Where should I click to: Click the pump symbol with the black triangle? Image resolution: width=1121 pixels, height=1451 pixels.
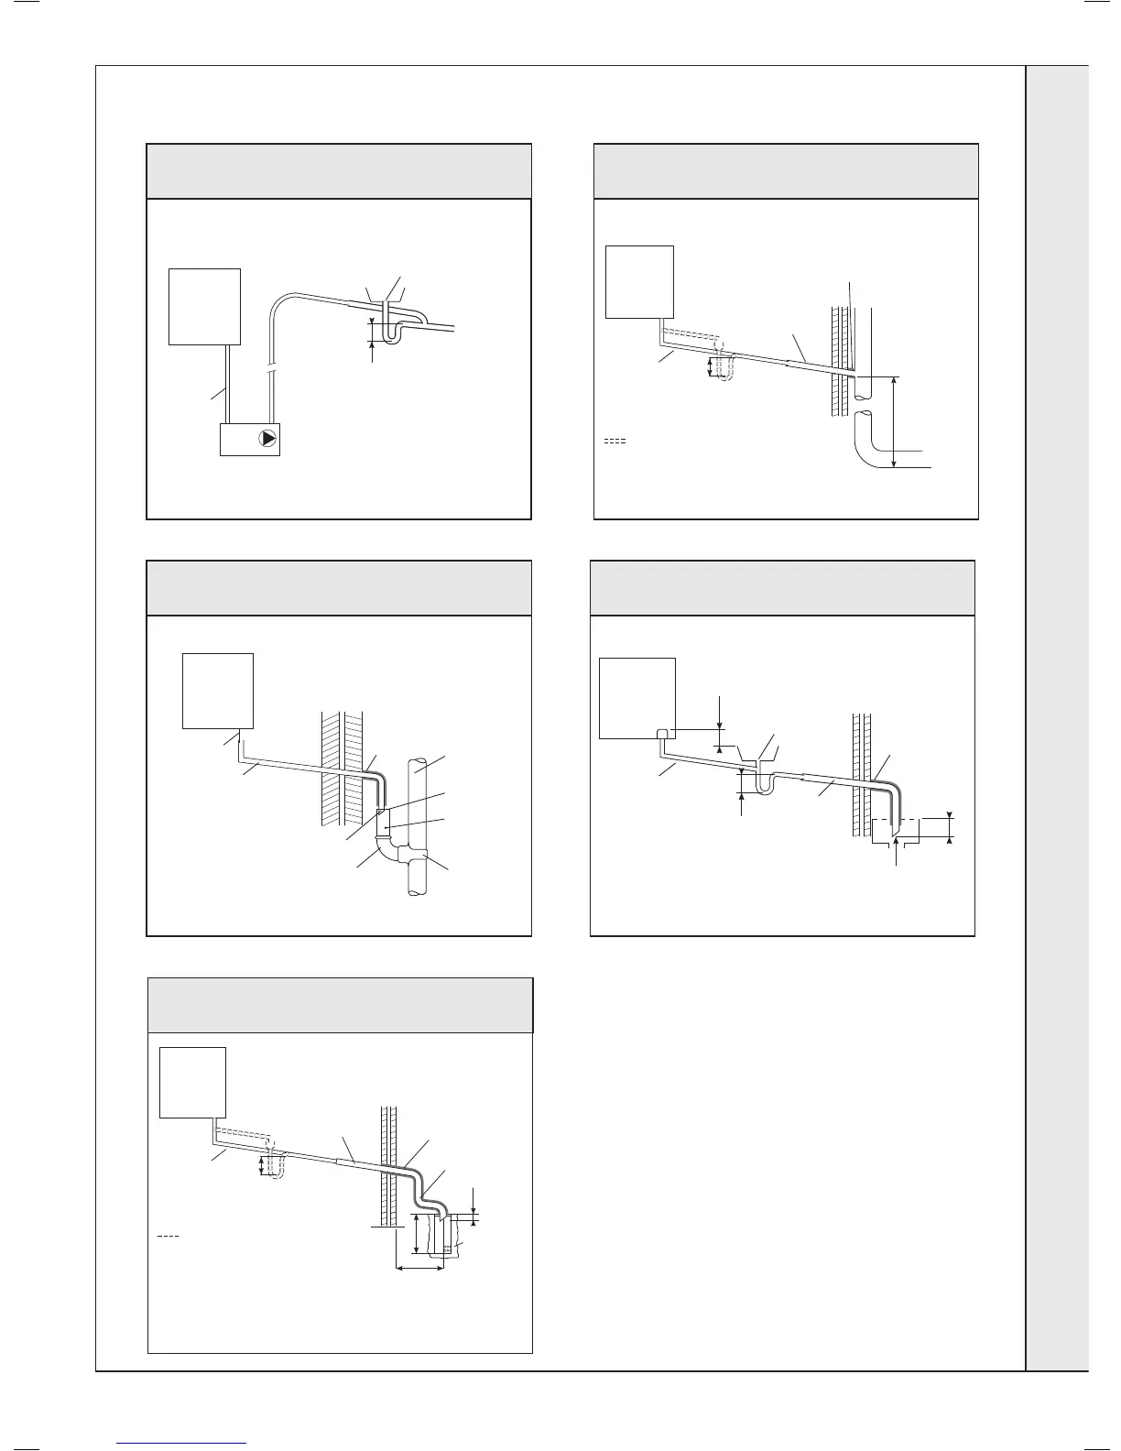pyautogui.click(x=267, y=438)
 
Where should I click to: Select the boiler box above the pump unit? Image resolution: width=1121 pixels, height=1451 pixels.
pyautogui.click(x=205, y=306)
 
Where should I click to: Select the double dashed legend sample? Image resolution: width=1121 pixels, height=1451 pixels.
pyautogui.click(x=615, y=442)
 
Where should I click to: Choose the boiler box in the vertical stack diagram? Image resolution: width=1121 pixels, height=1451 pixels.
pyautogui.click(x=218, y=690)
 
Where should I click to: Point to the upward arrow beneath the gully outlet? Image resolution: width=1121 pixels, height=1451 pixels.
pyautogui.click(x=896, y=848)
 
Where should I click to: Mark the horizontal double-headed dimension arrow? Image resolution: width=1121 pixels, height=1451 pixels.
pyautogui.click(x=419, y=1268)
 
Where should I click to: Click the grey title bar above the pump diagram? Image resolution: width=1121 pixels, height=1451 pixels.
pyautogui.click(x=339, y=170)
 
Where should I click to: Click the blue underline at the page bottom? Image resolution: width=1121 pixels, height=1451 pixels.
pyautogui.click(x=182, y=1443)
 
